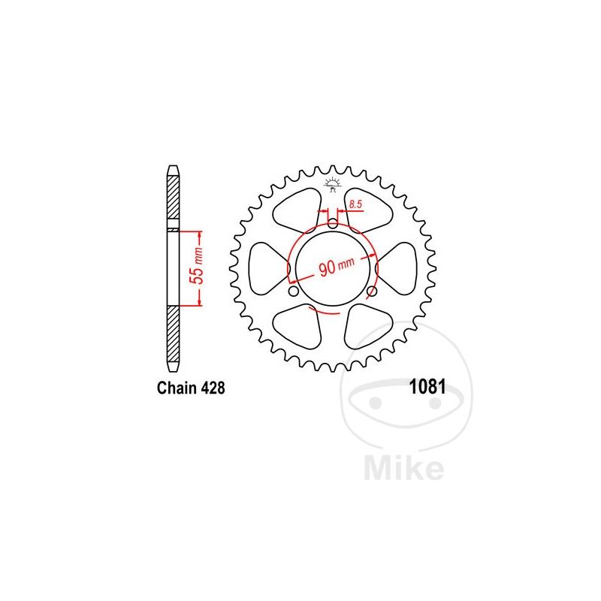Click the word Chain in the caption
coord(177,388)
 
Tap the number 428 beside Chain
coord(213,388)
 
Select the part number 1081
coord(427,387)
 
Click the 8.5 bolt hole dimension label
coord(355,204)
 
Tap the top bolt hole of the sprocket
coord(333,222)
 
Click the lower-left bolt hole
coord(293,291)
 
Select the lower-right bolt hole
coord(372,291)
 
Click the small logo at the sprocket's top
coord(332,184)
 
